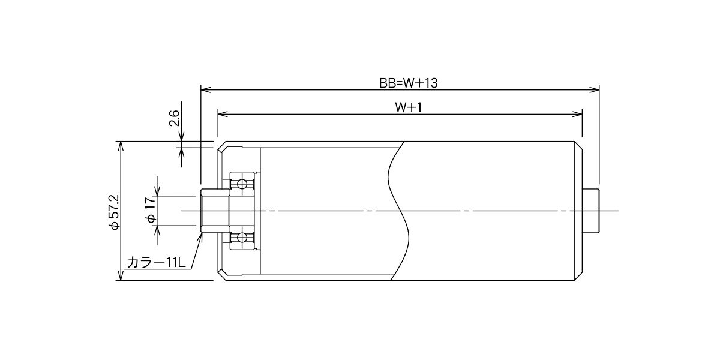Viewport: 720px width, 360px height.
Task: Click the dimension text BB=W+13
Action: tap(408, 83)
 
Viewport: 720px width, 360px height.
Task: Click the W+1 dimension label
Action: tap(408, 107)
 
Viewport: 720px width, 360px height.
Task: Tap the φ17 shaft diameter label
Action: tap(151, 210)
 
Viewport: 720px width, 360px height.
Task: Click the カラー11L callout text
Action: tap(156, 263)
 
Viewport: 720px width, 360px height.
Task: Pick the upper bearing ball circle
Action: tap(241, 184)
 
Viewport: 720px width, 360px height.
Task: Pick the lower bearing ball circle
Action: tap(241, 238)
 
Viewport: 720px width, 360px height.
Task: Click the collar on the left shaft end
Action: tap(215, 211)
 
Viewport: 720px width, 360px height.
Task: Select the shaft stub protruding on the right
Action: tap(591, 211)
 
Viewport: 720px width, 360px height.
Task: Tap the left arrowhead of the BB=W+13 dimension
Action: tap(206, 90)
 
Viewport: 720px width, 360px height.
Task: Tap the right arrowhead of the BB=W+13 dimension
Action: tap(595, 90)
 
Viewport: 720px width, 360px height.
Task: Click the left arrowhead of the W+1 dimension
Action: tap(223, 114)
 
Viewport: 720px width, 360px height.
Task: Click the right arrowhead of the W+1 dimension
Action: tap(577, 114)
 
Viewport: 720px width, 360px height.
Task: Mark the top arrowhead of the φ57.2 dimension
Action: tap(121, 146)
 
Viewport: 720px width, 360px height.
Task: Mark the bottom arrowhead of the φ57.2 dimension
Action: tap(121, 275)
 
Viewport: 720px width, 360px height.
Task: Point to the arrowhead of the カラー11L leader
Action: tap(200, 238)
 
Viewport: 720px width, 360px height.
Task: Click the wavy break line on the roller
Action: tap(398, 211)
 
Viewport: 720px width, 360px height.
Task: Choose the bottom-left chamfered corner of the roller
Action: tap(222, 276)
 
